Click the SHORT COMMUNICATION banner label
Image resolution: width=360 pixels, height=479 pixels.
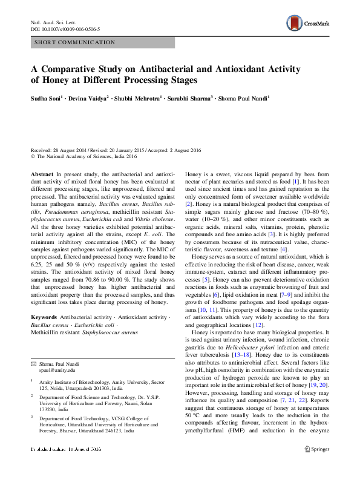[75, 42]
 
